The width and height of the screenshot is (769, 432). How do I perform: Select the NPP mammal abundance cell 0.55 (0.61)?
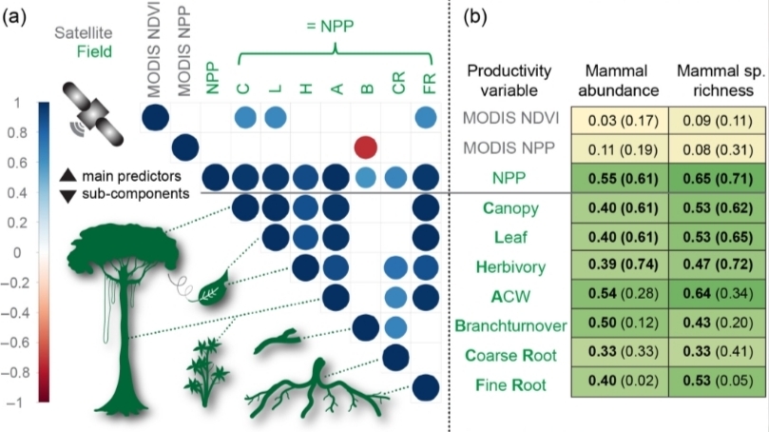(x=617, y=177)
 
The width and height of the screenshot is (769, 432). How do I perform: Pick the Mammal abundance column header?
(x=617, y=76)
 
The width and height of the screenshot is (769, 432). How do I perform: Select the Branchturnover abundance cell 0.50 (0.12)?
(x=617, y=325)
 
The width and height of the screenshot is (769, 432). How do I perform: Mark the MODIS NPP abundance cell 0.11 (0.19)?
(x=617, y=147)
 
